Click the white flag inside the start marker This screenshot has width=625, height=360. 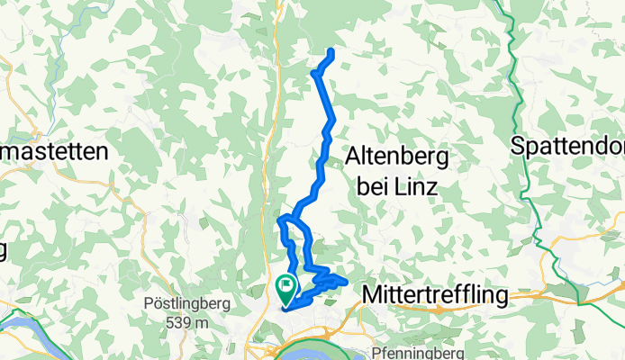click(x=286, y=287)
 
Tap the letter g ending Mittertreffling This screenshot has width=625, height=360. click(x=502, y=297)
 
